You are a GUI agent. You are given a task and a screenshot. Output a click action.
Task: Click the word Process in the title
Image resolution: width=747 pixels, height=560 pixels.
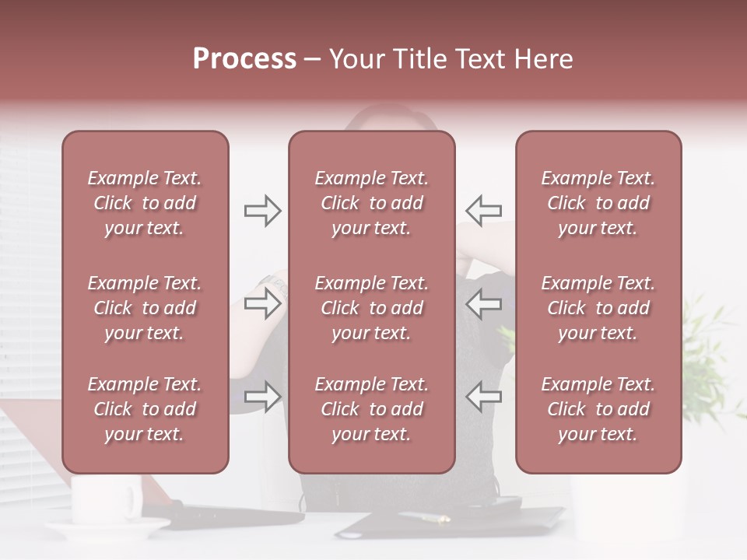tap(244, 59)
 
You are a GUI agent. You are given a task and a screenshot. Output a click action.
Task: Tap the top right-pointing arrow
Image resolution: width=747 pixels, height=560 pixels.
tap(263, 211)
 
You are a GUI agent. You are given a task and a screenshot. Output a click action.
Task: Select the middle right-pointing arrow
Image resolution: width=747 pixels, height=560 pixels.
tap(263, 303)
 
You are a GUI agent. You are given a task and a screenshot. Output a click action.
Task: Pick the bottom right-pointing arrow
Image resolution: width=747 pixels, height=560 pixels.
tap(263, 397)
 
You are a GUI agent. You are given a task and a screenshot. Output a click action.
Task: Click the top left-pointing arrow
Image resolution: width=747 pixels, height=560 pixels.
tap(483, 211)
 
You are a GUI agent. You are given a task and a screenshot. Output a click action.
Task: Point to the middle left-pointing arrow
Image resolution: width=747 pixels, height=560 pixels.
tap(483, 303)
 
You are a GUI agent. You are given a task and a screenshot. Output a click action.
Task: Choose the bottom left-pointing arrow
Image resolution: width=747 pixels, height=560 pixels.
tap(483, 397)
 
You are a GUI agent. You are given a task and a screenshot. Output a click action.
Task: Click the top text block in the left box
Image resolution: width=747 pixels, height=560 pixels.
tap(145, 203)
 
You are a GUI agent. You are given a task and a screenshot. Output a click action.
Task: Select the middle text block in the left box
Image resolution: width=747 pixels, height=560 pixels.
tap(145, 308)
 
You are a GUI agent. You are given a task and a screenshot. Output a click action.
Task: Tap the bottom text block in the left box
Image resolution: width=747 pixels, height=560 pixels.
tap(145, 409)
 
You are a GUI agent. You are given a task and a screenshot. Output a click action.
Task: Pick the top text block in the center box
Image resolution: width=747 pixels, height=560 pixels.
tap(372, 203)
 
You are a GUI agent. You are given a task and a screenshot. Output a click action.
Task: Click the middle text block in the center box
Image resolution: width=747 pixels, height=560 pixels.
tap(372, 308)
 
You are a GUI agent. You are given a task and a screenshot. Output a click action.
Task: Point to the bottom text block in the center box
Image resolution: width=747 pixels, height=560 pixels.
tap(372, 409)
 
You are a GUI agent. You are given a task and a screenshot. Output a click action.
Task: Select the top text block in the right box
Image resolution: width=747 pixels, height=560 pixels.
tap(598, 203)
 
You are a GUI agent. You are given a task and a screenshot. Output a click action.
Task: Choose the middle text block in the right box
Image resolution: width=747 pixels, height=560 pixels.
tap(598, 308)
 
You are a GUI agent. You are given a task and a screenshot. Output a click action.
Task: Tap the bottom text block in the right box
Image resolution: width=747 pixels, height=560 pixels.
tap(598, 409)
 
